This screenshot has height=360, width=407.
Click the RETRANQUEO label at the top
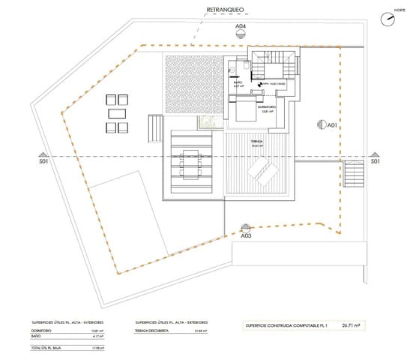(225, 11)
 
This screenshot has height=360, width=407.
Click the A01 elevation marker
(323, 126)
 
